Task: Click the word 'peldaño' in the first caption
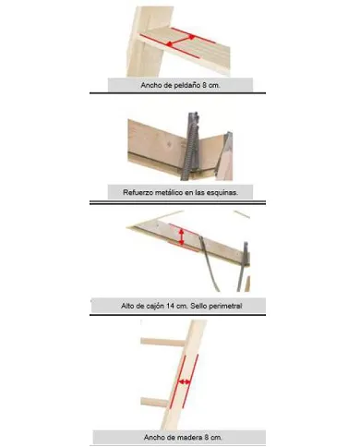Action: click(186, 86)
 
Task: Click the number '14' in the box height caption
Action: click(170, 306)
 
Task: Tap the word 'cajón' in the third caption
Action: click(155, 307)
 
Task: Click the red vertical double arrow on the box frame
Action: click(182, 236)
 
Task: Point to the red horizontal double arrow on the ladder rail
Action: click(185, 382)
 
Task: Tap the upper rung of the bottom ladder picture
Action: click(163, 342)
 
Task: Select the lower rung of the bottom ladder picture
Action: click(155, 402)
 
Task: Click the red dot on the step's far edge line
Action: click(192, 37)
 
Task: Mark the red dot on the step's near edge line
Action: click(169, 45)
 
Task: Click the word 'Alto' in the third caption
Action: click(127, 306)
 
